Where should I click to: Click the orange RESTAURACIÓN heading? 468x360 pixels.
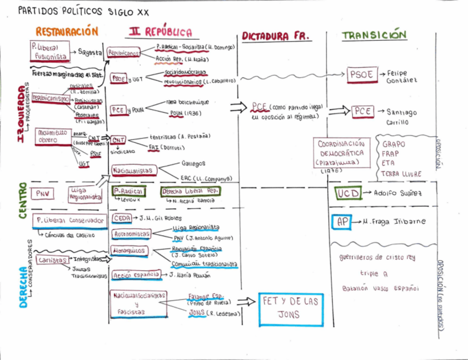tap(67, 32)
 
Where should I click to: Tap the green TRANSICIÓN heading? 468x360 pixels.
tap(374, 35)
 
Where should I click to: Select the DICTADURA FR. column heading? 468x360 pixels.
tap(276, 36)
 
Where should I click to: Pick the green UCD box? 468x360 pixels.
tap(348, 194)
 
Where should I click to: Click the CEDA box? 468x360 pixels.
tap(121, 218)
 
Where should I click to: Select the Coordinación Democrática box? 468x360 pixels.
tap(341, 153)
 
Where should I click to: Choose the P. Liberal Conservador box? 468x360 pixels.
tap(70, 221)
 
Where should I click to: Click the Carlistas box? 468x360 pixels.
tap(52, 260)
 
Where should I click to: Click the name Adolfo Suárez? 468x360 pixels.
tap(398, 194)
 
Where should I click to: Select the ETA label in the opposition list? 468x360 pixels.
tap(389, 163)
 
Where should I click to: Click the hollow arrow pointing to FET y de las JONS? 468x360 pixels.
tap(249, 301)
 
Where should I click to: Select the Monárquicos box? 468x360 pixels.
tap(128, 250)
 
